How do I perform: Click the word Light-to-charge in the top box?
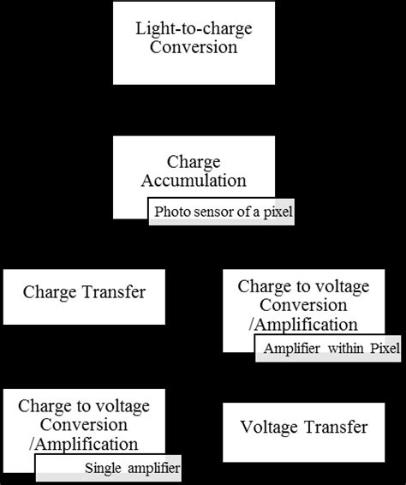pyautogui.click(x=193, y=28)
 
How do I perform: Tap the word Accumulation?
pyautogui.click(x=194, y=181)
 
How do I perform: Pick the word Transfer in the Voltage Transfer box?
pyautogui.click(x=337, y=427)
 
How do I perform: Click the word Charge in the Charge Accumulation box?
pyautogui.click(x=194, y=162)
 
